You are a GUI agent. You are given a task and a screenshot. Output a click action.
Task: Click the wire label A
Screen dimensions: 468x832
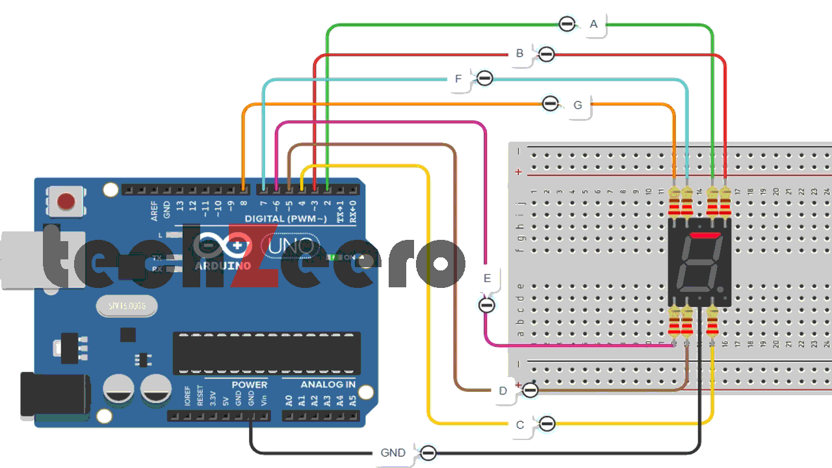coord(593,25)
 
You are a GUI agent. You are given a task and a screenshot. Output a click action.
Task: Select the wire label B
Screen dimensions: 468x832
coord(519,54)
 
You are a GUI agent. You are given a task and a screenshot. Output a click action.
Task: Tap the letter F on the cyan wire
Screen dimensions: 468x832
coord(458,79)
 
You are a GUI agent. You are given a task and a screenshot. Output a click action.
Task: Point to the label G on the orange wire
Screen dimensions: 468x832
coord(578,105)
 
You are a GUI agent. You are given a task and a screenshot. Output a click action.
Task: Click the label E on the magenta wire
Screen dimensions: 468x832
coord(487,278)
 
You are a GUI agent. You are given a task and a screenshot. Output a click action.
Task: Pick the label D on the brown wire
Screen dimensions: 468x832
coord(502,391)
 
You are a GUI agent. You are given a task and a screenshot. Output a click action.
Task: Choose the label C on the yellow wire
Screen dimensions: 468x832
coord(519,425)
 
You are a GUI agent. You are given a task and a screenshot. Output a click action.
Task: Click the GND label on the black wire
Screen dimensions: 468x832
coord(393,453)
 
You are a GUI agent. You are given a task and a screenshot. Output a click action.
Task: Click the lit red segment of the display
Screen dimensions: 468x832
coord(705,235)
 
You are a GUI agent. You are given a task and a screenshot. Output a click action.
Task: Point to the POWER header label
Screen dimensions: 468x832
coord(249,385)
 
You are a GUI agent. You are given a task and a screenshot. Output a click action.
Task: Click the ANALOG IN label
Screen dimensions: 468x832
coord(328,385)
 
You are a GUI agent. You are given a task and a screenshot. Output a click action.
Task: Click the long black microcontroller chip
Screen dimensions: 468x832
coord(266,353)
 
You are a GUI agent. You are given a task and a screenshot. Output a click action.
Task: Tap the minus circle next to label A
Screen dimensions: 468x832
coord(567,24)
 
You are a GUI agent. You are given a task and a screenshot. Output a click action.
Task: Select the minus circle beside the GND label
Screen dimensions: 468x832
coord(428,453)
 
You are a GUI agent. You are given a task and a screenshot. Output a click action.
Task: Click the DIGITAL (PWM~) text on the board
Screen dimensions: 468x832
coord(285,218)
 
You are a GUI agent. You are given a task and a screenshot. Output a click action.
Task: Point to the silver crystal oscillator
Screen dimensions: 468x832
coord(126,306)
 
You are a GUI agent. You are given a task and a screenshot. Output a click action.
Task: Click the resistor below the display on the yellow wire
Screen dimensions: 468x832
coord(712,322)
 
